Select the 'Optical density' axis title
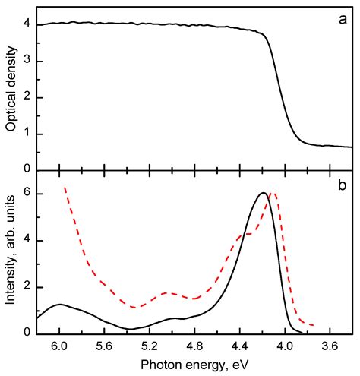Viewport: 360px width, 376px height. pos(10,88)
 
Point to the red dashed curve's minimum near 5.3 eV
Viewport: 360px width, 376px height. pos(134,308)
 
